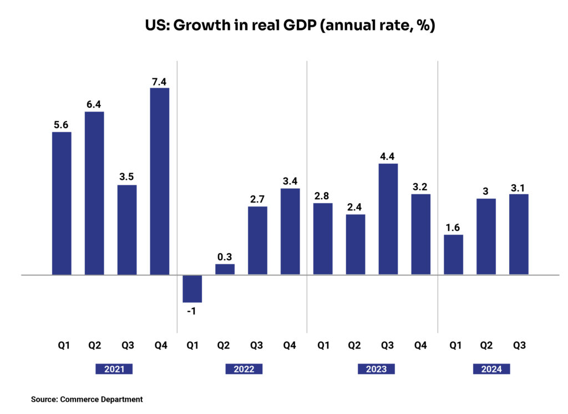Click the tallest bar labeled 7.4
click(x=159, y=181)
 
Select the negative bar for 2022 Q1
click(x=192, y=289)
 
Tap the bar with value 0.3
click(x=225, y=269)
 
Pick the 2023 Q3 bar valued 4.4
click(x=388, y=219)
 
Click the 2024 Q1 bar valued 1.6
click(x=454, y=254)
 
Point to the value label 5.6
click(x=61, y=125)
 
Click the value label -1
click(x=192, y=311)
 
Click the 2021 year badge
click(x=114, y=369)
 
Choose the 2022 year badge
click(x=244, y=369)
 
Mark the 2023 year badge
click(x=376, y=369)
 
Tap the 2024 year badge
click(x=491, y=369)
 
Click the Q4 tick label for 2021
click(x=161, y=346)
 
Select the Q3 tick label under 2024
click(x=519, y=346)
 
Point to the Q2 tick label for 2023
click(x=355, y=346)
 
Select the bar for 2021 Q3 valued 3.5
click(x=126, y=229)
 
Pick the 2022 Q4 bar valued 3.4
click(x=290, y=231)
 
